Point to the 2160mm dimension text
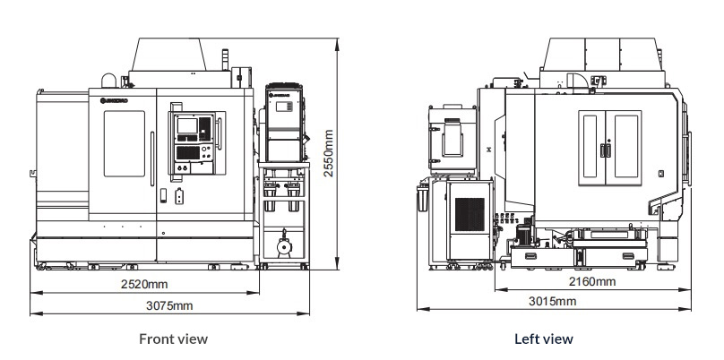click(593, 281)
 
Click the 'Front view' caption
click(173, 339)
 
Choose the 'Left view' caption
click(543, 339)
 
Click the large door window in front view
click(124, 144)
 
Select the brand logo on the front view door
click(115, 99)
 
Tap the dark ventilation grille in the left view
click(469, 214)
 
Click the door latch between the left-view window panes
click(609, 150)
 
